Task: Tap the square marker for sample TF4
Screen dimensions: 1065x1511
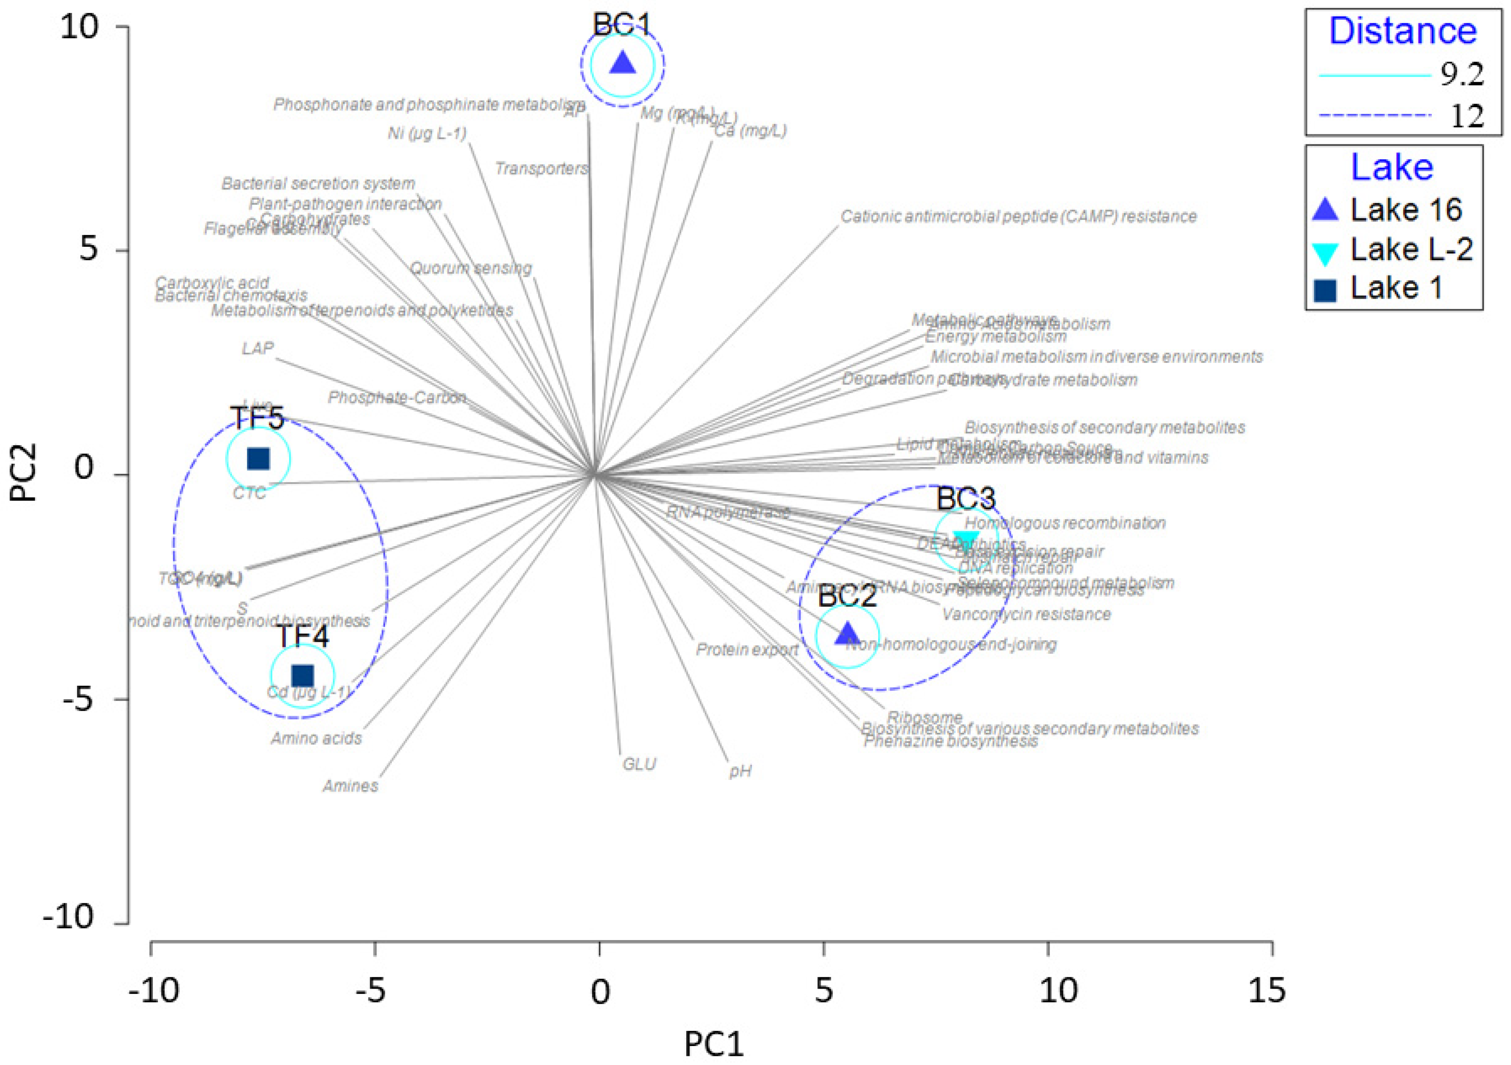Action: pos(303,675)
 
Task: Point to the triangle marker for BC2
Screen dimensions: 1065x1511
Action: pos(847,634)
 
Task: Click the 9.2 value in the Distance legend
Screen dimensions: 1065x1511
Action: pos(1462,76)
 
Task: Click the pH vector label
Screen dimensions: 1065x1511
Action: pos(740,771)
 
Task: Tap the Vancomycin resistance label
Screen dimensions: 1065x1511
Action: pos(1026,615)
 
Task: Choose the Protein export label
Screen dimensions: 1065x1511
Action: pos(747,649)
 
